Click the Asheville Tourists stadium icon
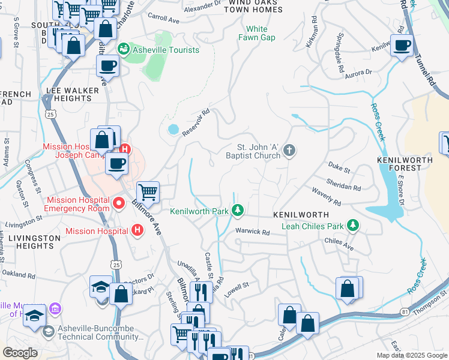coord(124,49)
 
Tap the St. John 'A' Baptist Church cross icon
coord(289,150)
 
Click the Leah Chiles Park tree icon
coord(354,226)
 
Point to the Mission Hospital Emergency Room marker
coord(119,204)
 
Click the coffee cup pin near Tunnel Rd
coord(402,44)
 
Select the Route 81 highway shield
coord(406,311)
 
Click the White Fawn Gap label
coord(256,33)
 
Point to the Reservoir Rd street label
coord(197,121)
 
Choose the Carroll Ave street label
coord(163,20)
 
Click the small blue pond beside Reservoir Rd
coord(173,129)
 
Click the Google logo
coord(20,352)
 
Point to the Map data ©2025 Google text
coord(412,355)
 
